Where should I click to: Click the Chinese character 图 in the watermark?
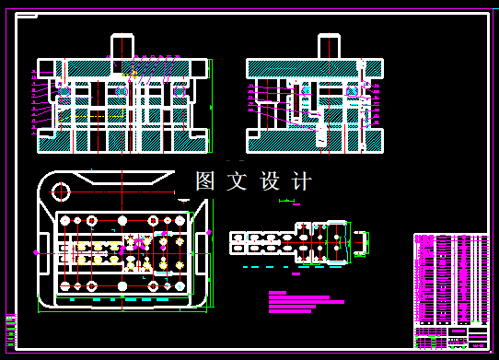point(205,181)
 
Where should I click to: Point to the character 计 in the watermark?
point(301,181)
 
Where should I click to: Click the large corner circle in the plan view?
point(62,192)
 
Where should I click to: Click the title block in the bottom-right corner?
point(451,337)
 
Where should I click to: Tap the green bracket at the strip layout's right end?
point(365,241)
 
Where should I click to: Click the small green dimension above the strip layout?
point(291,201)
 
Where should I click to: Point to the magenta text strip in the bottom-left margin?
point(11,332)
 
